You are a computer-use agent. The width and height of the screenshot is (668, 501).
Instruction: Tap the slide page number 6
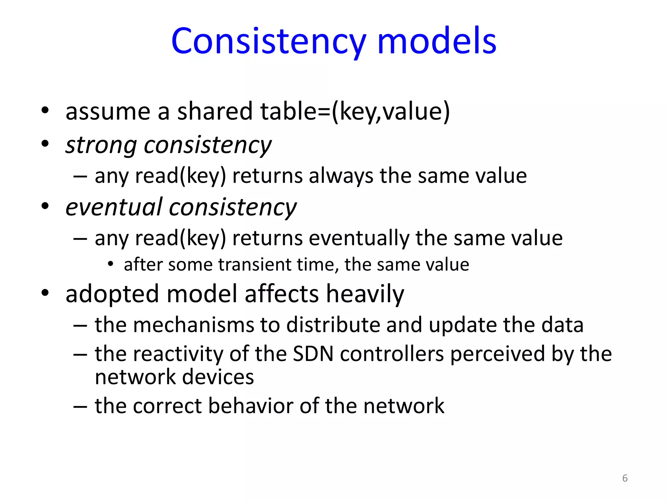pos(625,478)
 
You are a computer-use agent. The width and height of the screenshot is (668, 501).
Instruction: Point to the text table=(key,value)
pos(355,112)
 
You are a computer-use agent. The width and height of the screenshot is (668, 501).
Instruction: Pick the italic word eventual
pos(114,207)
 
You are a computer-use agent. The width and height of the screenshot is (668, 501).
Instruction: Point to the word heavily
pos(365,294)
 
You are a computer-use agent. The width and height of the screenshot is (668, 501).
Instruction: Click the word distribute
pos(333,325)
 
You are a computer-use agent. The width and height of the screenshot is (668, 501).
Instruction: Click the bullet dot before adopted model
pos(45,293)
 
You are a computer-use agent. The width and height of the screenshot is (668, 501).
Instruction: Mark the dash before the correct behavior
pos(80,407)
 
